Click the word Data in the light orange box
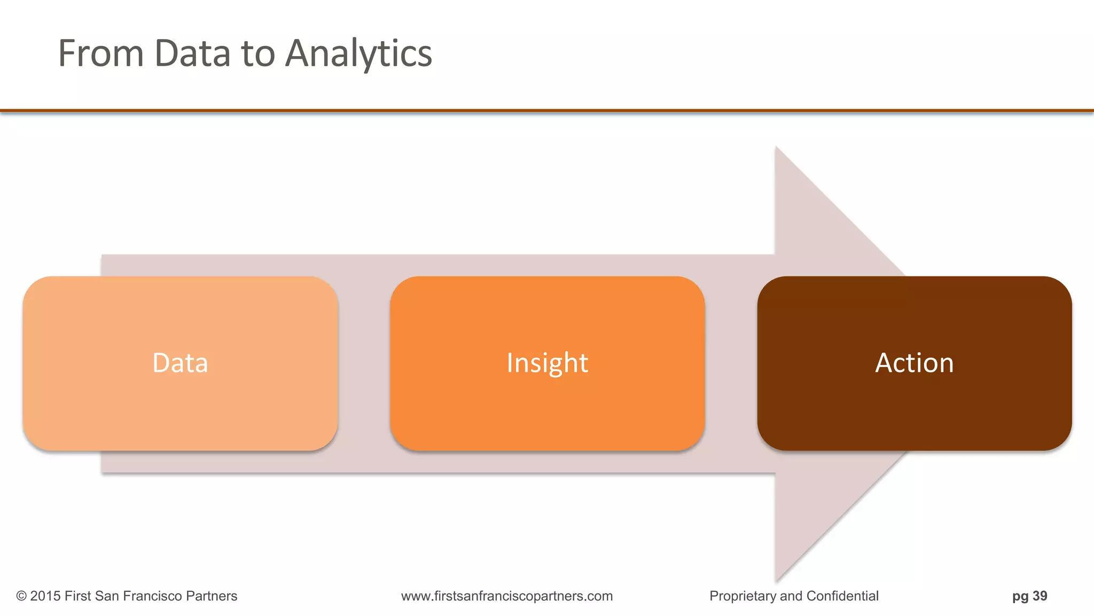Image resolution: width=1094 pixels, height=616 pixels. pyautogui.click(x=180, y=363)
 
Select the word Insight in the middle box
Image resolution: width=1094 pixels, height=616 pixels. pyautogui.click(x=547, y=363)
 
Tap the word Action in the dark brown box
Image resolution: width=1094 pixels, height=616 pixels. pyautogui.click(x=914, y=363)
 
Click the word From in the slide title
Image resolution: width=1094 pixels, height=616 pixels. pyautogui.click(x=100, y=53)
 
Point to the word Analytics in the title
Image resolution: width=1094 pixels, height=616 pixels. pyautogui.click(x=358, y=53)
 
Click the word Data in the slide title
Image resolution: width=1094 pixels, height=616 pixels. pyautogui.click(x=192, y=53)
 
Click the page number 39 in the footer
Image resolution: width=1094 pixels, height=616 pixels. pyautogui.click(x=1040, y=596)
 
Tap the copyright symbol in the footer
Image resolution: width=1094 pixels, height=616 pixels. pyautogui.click(x=21, y=596)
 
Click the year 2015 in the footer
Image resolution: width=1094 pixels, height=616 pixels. pyautogui.click(x=45, y=596)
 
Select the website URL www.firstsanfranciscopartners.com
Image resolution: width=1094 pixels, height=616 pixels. pyautogui.click(x=507, y=596)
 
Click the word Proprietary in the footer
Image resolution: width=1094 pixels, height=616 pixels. pyautogui.click(x=743, y=596)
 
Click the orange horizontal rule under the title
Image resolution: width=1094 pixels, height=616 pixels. pyautogui.click(x=547, y=111)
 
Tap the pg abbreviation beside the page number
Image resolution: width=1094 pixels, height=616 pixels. pyautogui.click(x=1020, y=596)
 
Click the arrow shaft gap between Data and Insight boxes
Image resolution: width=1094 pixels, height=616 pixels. pyautogui.click(x=364, y=363)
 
